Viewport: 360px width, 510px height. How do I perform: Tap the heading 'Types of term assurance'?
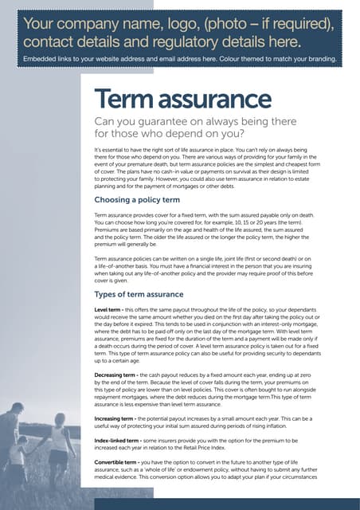tap(139, 294)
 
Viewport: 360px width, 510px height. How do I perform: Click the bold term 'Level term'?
tap(108, 308)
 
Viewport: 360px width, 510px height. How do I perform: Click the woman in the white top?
tap(61, 446)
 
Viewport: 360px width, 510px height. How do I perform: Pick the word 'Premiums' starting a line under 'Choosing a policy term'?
tap(108, 229)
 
